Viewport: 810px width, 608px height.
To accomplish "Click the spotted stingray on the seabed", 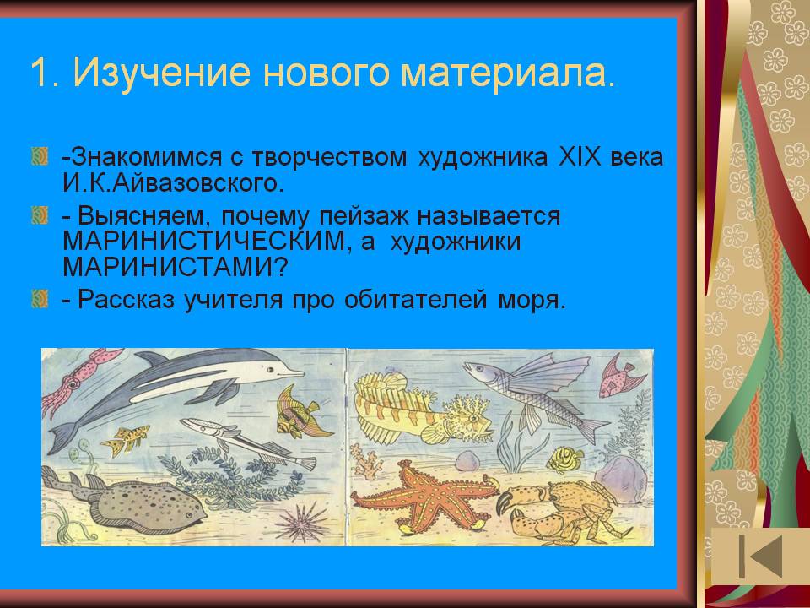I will (139, 502).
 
